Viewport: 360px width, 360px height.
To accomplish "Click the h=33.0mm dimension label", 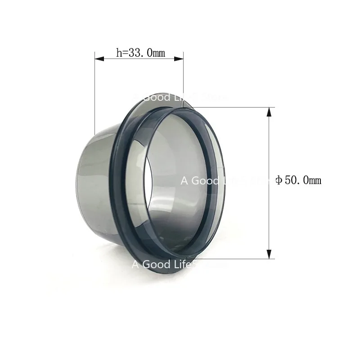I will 140,53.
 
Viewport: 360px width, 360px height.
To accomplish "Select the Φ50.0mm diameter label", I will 298,180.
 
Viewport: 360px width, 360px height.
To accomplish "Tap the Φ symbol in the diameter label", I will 279,180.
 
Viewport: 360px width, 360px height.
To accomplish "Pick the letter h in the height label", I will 119,53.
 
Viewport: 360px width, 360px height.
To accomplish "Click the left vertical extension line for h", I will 94,90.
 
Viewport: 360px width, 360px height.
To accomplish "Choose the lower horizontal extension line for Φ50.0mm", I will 234,259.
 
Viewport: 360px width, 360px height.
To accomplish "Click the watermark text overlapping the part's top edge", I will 180,97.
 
